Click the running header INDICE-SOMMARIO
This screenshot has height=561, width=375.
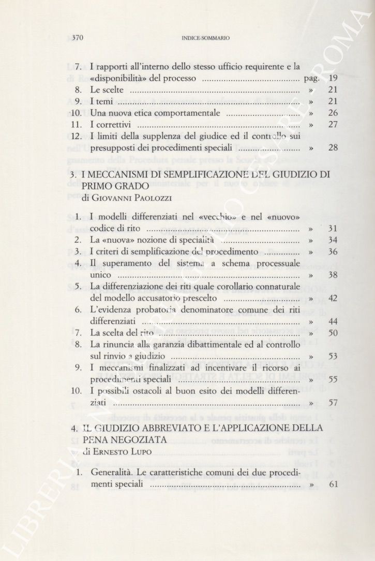204,38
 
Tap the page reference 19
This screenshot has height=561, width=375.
333,79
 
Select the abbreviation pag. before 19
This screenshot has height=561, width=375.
312,79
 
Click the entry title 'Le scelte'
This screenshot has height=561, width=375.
107,90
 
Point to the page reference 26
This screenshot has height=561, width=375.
333,113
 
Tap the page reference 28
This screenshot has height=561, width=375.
333,147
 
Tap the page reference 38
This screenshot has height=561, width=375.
333,275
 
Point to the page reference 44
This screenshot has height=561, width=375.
333,322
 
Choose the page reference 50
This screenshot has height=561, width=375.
333,334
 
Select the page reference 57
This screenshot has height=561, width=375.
333,403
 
